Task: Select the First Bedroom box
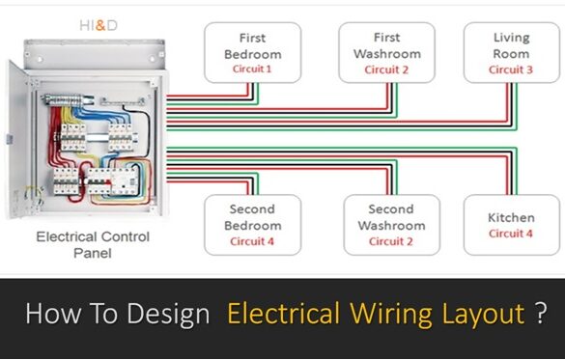coord(253,54)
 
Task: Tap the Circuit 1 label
coord(252,69)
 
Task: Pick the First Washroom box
coord(387,54)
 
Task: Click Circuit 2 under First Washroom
coord(386,69)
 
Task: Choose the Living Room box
coord(511,53)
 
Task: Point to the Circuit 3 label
coord(511,69)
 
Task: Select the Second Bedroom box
coord(252,225)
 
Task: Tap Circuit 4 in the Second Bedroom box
coord(252,241)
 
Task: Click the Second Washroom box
coord(391,225)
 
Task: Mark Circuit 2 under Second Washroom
coord(390,241)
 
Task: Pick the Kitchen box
coord(511,224)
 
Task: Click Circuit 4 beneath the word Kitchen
coord(511,234)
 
